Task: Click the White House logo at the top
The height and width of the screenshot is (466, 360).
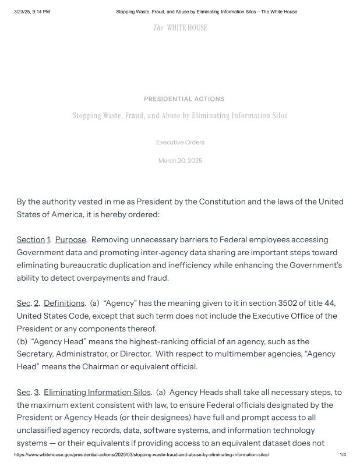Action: [180, 27]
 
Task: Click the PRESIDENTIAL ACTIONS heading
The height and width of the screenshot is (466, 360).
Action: [183, 99]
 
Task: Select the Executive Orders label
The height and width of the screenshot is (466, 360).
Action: [180, 142]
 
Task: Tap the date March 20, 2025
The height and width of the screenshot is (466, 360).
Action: [180, 161]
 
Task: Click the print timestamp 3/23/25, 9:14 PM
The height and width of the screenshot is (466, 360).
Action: [32, 12]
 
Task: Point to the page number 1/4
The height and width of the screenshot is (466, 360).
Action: [343, 455]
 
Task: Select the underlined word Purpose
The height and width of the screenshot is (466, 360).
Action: [70, 240]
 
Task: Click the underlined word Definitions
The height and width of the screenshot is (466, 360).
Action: [64, 303]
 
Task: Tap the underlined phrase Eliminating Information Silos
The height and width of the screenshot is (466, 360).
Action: [97, 392]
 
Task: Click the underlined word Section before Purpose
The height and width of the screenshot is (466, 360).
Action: [31, 240]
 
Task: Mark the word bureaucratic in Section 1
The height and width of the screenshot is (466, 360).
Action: [82, 266]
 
